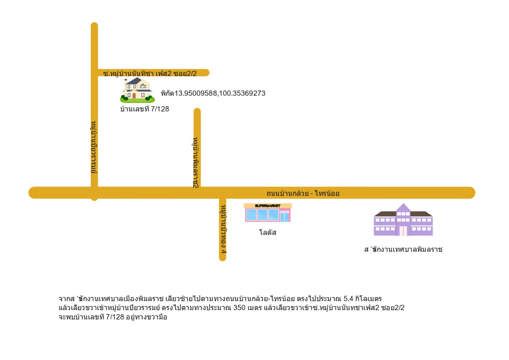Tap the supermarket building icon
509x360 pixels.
tap(268, 213)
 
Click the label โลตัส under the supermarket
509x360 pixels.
tap(268, 233)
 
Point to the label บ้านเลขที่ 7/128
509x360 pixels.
tap(144, 108)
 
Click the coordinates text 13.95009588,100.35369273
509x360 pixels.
tap(213, 94)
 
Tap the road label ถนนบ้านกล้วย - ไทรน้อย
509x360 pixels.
tap(302, 193)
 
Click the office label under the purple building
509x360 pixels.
tap(403, 249)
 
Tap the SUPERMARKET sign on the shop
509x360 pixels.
tap(267, 206)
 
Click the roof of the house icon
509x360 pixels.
tap(135, 81)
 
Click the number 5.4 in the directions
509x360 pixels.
tap(348, 298)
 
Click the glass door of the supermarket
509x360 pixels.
tap(284, 217)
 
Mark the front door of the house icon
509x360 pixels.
tap(134, 95)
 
